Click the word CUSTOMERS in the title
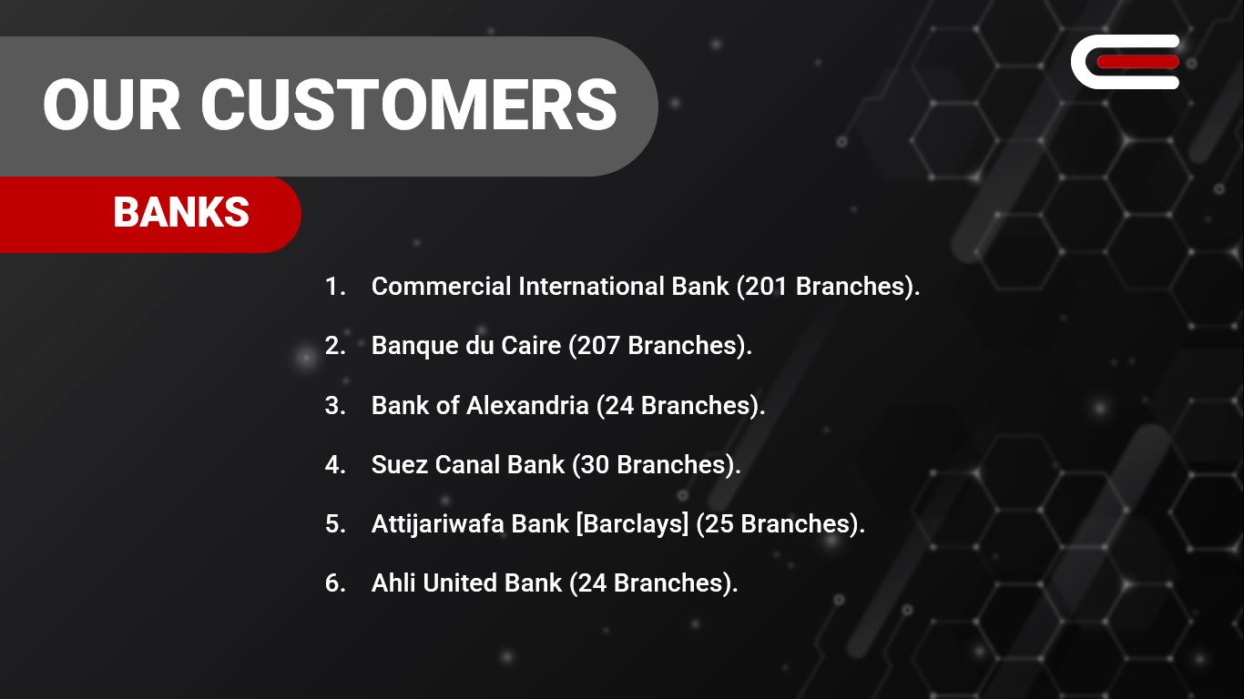click(409, 104)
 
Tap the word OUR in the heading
click(111, 104)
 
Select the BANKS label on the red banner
click(181, 212)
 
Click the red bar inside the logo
click(1138, 62)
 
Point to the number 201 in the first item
click(766, 287)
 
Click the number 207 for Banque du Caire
click(598, 345)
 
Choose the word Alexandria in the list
click(527, 405)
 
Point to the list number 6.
click(334, 583)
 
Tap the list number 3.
click(334, 405)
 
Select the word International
click(591, 287)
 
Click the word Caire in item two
click(531, 345)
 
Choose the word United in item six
click(460, 583)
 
